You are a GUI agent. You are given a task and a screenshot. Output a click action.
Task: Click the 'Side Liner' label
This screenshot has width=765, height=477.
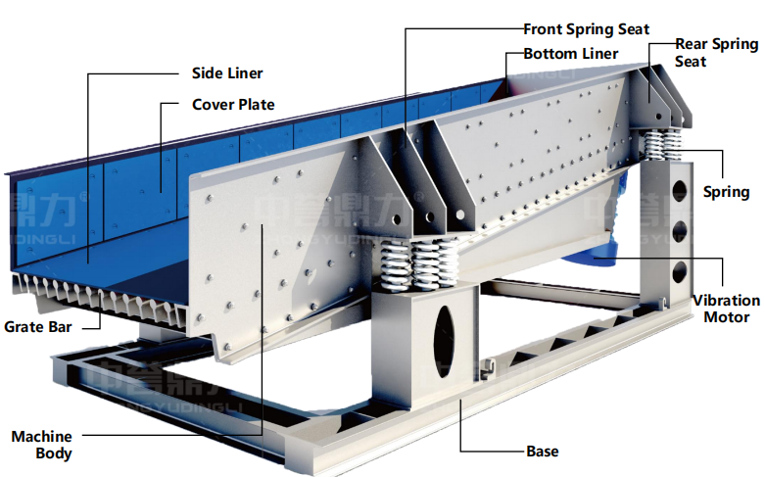[226, 73]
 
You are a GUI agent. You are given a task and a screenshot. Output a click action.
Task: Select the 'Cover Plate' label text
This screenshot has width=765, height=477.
[232, 105]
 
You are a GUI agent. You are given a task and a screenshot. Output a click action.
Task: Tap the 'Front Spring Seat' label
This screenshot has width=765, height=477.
[586, 29]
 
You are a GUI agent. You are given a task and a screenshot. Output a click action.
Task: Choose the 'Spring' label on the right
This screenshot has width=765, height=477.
[726, 192]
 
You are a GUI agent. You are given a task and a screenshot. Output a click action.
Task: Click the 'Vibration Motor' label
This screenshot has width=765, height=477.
[726, 309]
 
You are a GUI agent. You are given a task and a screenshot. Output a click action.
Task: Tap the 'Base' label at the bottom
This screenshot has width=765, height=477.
[542, 452]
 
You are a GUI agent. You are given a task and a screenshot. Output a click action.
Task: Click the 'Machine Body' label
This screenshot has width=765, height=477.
[41, 445]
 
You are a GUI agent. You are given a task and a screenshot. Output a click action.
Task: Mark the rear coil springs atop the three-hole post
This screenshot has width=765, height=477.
[661, 144]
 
